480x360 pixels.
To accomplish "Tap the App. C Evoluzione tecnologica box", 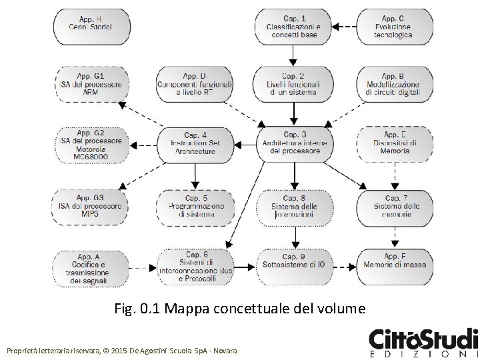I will pyautogui.click(x=393, y=26).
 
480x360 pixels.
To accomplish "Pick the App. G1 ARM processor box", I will pyautogui.click(x=91, y=85).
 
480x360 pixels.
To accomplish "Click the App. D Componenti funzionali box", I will pyautogui.click(x=195, y=85).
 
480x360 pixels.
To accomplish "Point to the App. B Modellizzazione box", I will pyautogui.click(x=393, y=85).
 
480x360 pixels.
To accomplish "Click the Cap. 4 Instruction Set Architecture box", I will pyautogui.click(x=195, y=143).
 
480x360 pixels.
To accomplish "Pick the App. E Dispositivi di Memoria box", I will pyautogui.click(x=395, y=143).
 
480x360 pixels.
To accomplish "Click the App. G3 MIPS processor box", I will pyautogui.click(x=91, y=206).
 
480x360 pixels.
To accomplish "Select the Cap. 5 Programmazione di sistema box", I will pyautogui.click(x=195, y=206).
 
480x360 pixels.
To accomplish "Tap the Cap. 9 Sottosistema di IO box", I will pyautogui.click(x=294, y=265).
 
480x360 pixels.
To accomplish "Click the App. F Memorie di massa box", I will pyautogui.click(x=395, y=265).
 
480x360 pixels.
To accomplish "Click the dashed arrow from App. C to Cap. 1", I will pyautogui.click(x=345, y=27).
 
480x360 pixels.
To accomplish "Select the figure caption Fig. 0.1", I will pyautogui.click(x=240, y=309).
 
